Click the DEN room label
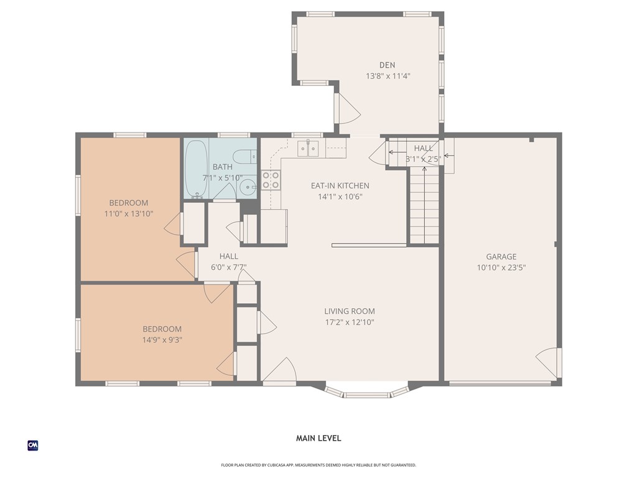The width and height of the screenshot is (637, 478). [x=387, y=65]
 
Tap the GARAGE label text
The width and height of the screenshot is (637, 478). [x=501, y=256]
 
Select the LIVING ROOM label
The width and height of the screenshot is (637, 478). [x=350, y=311]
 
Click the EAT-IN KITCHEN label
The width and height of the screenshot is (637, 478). [x=340, y=185]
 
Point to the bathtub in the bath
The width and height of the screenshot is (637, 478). [x=196, y=169]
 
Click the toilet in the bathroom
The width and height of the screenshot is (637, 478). [x=245, y=156]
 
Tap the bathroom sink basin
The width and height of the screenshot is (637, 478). [x=246, y=187]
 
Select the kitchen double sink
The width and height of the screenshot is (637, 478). [x=309, y=148]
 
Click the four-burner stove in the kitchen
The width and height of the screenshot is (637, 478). [x=271, y=180]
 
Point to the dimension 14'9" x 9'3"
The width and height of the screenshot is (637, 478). [x=162, y=340]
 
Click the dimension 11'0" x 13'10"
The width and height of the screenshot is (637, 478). [x=129, y=214]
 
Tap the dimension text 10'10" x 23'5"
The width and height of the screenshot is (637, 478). [x=501, y=268]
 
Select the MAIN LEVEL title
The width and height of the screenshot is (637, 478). [x=318, y=438]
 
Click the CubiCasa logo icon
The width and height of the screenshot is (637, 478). [x=33, y=446]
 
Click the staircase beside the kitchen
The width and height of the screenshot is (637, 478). [x=424, y=205]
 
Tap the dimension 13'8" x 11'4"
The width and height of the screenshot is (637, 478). [x=388, y=76]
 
